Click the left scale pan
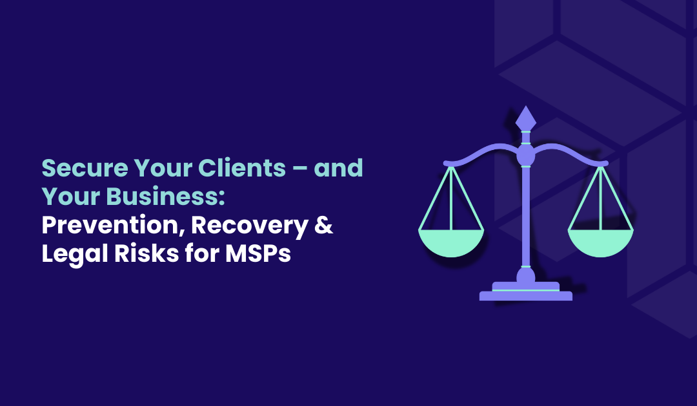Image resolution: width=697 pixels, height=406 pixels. point(451,241)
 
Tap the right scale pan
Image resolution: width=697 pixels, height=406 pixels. point(600,241)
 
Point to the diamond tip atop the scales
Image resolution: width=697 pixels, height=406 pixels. point(526,118)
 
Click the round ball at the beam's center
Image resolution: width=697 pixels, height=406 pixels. point(526,155)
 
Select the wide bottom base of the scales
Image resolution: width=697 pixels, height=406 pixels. point(526,296)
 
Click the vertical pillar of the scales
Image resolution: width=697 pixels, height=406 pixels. point(526,213)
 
